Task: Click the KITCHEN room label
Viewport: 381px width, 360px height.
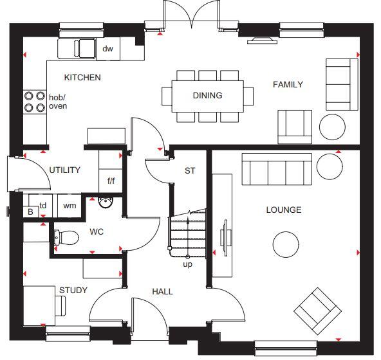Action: (x=82, y=78)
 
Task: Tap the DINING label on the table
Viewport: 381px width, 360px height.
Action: (x=207, y=96)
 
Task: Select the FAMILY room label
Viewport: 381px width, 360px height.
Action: (x=288, y=85)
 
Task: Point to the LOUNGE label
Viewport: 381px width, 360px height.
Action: (x=284, y=210)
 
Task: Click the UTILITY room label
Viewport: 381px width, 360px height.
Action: (x=65, y=170)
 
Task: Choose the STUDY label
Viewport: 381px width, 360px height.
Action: (x=73, y=291)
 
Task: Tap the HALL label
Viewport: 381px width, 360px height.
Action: (x=162, y=292)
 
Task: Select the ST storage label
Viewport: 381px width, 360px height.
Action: (x=190, y=171)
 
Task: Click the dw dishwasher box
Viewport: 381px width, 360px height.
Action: (x=107, y=48)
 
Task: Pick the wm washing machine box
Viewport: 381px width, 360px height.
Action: (x=69, y=206)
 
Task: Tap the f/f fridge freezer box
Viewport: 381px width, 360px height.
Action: (x=111, y=181)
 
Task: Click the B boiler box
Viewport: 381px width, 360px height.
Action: (x=30, y=212)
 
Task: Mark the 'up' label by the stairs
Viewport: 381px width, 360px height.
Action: (x=187, y=264)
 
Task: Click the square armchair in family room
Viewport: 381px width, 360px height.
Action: (x=295, y=126)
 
